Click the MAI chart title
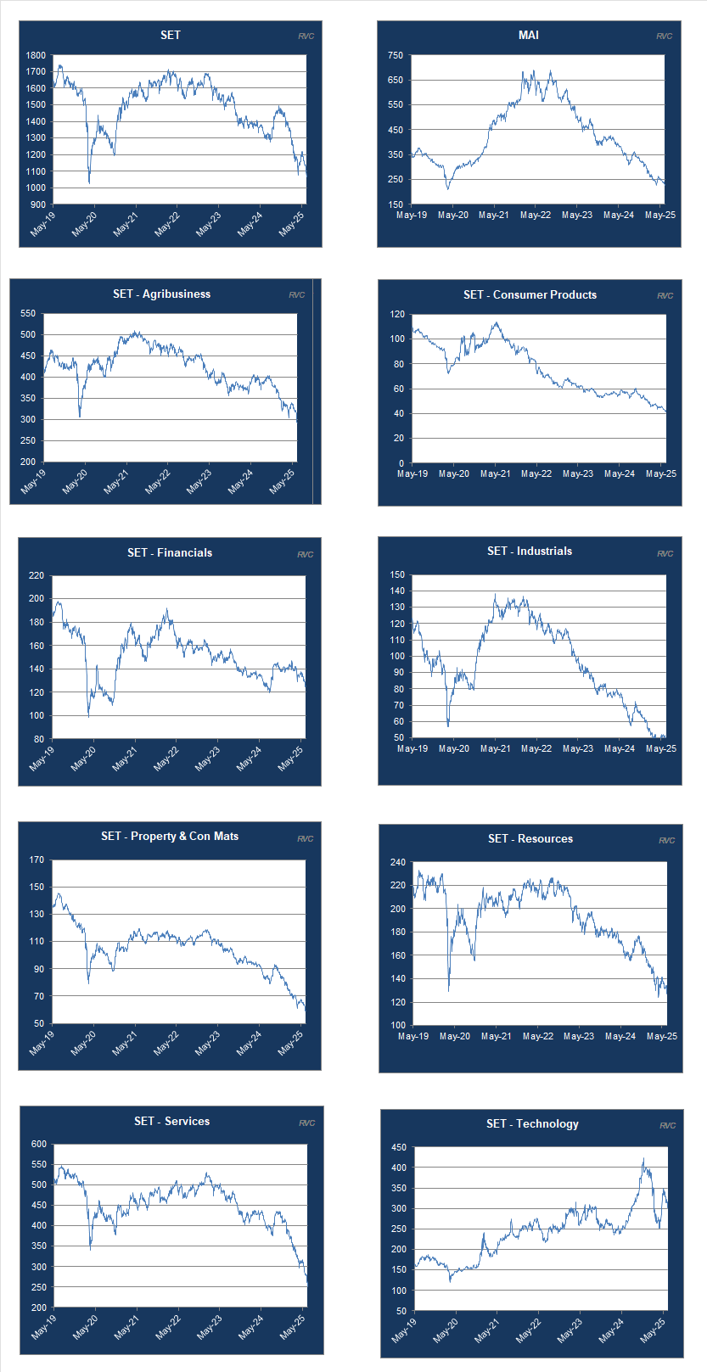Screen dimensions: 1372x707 click(528, 35)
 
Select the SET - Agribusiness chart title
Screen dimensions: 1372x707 click(161, 294)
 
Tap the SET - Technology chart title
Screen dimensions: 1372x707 click(532, 1123)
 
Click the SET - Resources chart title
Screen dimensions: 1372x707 click(530, 838)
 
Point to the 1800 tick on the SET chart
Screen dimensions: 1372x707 click(36, 55)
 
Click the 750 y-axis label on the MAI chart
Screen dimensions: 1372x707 click(396, 55)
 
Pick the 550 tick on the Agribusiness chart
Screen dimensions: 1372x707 click(28, 314)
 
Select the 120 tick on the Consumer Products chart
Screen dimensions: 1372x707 click(397, 314)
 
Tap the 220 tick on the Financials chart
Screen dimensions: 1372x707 click(36, 575)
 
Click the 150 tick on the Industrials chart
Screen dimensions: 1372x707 click(397, 574)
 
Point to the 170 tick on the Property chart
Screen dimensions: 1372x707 click(36, 860)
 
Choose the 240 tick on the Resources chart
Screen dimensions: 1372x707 click(397, 862)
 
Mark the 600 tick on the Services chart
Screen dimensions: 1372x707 click(39, 1144)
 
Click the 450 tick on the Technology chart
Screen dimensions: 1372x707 click(398, 1147)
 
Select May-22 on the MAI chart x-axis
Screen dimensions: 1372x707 click(536, 215)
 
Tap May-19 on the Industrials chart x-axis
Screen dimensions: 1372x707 click(412, 748)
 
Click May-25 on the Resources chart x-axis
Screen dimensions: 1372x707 click(662, 1036)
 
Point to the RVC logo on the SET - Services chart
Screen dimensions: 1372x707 click(306, 1123)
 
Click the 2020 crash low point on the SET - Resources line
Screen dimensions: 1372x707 click(449, 989)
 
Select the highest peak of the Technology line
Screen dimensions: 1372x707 click(643, 1159)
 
